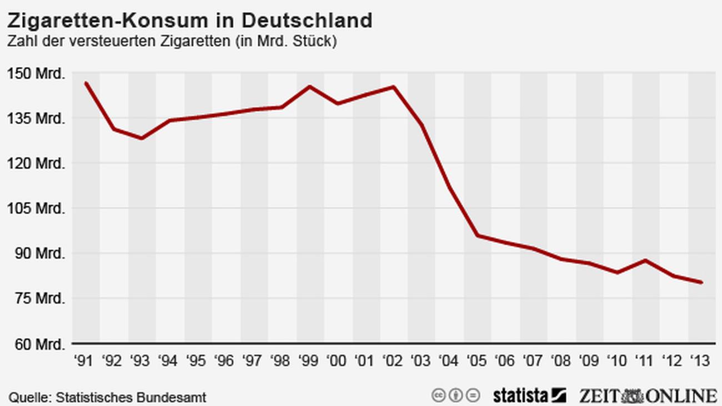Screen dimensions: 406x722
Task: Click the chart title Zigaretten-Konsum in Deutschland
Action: (x=189, y=21)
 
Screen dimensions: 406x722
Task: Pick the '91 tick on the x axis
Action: (x=84, y=362)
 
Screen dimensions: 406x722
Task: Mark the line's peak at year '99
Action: (x=309, y=87)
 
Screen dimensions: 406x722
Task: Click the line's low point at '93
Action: (x=141, y=138)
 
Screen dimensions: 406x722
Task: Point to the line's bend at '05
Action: (x=478, y=235)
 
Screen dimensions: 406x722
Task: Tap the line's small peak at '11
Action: (x=645, y=260)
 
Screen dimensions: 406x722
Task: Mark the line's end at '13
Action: (x=701, y=282)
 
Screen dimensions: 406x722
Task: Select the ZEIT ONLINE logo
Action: (x=648, y=396)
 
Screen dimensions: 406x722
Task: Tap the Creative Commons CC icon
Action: (x=439, y=396)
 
